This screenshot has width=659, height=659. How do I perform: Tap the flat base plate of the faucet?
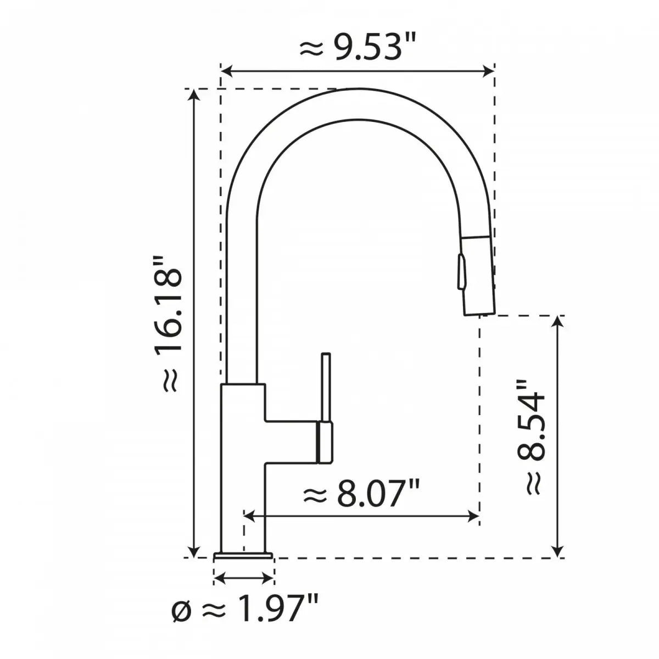(x=243, y=556)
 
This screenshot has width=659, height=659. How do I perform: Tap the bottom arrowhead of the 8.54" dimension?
(x=558, y=551)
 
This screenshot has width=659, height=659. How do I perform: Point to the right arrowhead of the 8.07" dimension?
(x=474, y=516)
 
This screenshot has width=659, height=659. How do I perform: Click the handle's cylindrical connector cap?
(x=325, y=443)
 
